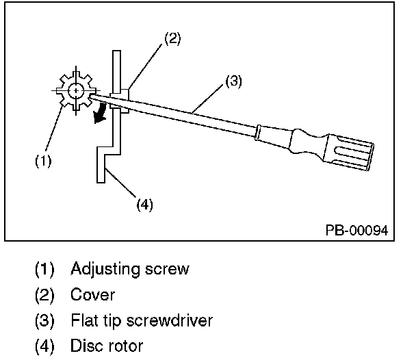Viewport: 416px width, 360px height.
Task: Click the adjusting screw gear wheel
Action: [x=75, y=91]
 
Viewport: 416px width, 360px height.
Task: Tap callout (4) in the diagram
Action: [x=144, y=204]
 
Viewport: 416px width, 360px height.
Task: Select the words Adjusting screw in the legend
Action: [x=130, y=270]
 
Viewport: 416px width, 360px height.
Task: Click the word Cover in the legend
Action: [x=93, y=295]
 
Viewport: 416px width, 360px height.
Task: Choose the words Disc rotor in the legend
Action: [x=107, y=346]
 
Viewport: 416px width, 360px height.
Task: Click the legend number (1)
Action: [x=44, y=270]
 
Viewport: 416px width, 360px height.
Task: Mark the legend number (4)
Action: [x=44, y=346]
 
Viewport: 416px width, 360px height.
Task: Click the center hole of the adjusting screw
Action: [x=75, y=90]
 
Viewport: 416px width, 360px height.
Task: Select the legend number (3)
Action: [x=44, y=320]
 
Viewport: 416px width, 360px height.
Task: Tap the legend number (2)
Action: [x=44, y=295]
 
